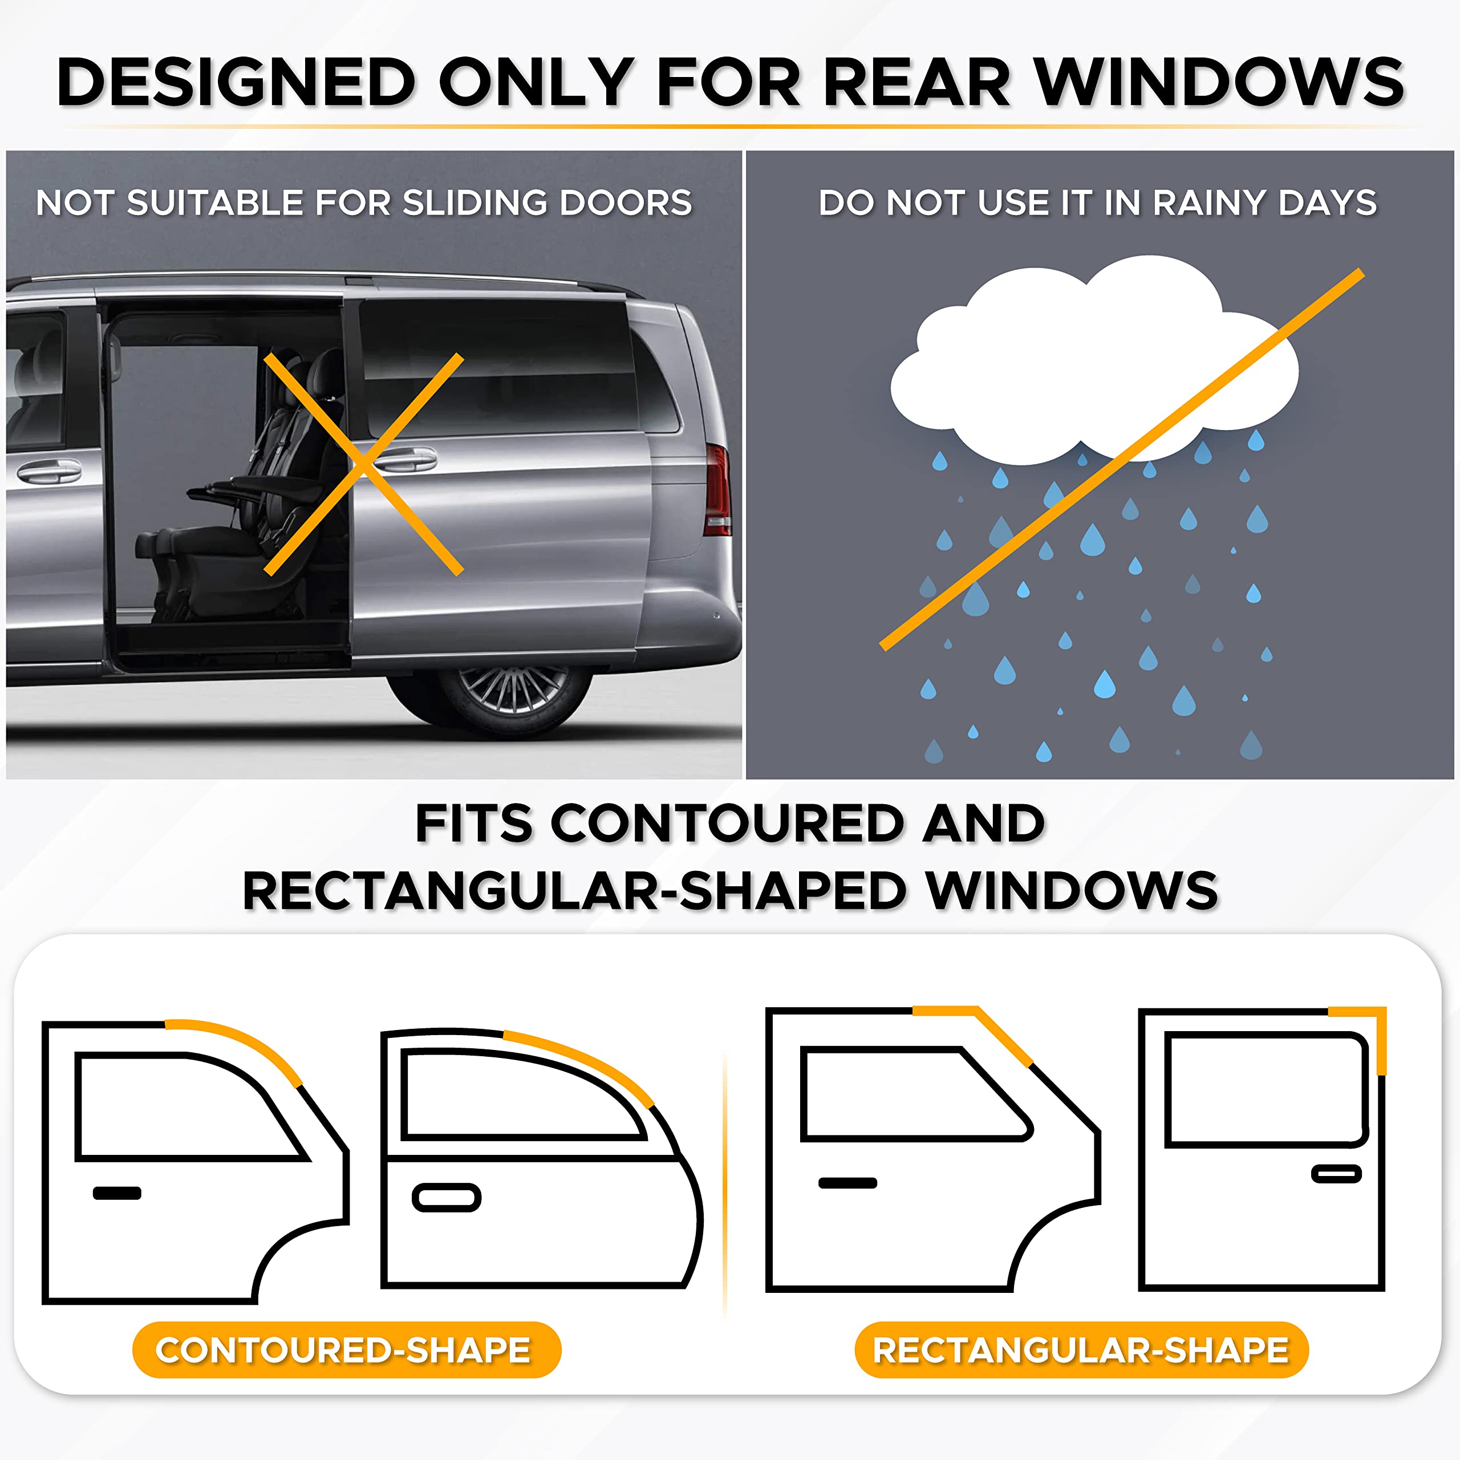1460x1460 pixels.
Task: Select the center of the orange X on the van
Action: (x=363, y=464)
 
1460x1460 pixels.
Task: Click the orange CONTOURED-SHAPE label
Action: (x=346, y=1350)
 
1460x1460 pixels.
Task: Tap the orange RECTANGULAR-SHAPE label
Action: (x=1081, y=1350)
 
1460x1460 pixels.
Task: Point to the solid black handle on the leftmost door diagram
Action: (x=117, y=1193)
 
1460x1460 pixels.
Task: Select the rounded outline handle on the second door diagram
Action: (x=447, y=1198)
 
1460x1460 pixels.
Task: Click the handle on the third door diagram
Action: (x=847, y=1183)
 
